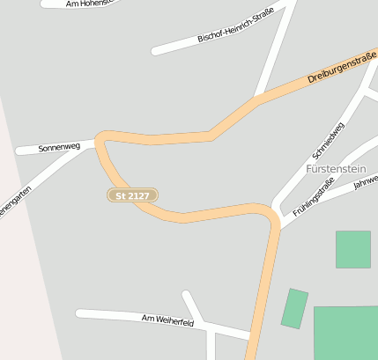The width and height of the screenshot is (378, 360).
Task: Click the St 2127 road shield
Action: coord(133,195)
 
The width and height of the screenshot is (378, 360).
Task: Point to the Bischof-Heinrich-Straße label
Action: coord(235,26)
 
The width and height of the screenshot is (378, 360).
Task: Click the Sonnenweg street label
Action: coord(59,147)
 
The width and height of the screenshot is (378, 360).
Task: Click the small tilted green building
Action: coord(294,309)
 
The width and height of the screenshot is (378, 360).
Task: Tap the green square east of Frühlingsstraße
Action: coord(352,249)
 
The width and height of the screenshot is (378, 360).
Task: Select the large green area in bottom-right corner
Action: coord(346,332)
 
